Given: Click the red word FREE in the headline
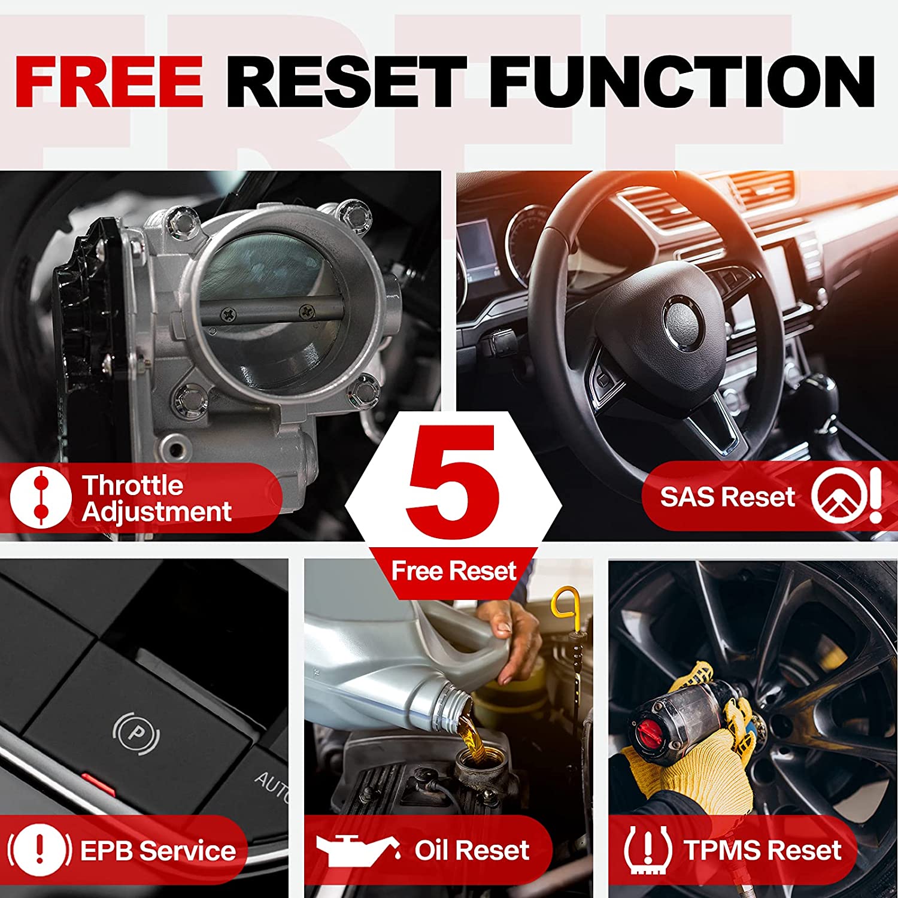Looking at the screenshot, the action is point(109,81).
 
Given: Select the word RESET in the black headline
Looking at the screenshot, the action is point(346,81).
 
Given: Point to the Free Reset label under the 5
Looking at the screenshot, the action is point(454,571).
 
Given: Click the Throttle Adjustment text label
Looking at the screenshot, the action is point(157,499).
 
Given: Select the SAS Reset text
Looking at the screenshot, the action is point(727,497).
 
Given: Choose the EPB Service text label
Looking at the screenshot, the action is point(158,851).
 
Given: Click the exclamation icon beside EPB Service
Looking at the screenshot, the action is point(40,850).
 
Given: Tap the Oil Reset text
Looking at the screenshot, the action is point(472,850).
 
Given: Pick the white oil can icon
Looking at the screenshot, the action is point(358,850).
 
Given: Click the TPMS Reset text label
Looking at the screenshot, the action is point(763,851).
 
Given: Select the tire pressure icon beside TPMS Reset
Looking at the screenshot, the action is point(648,850).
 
